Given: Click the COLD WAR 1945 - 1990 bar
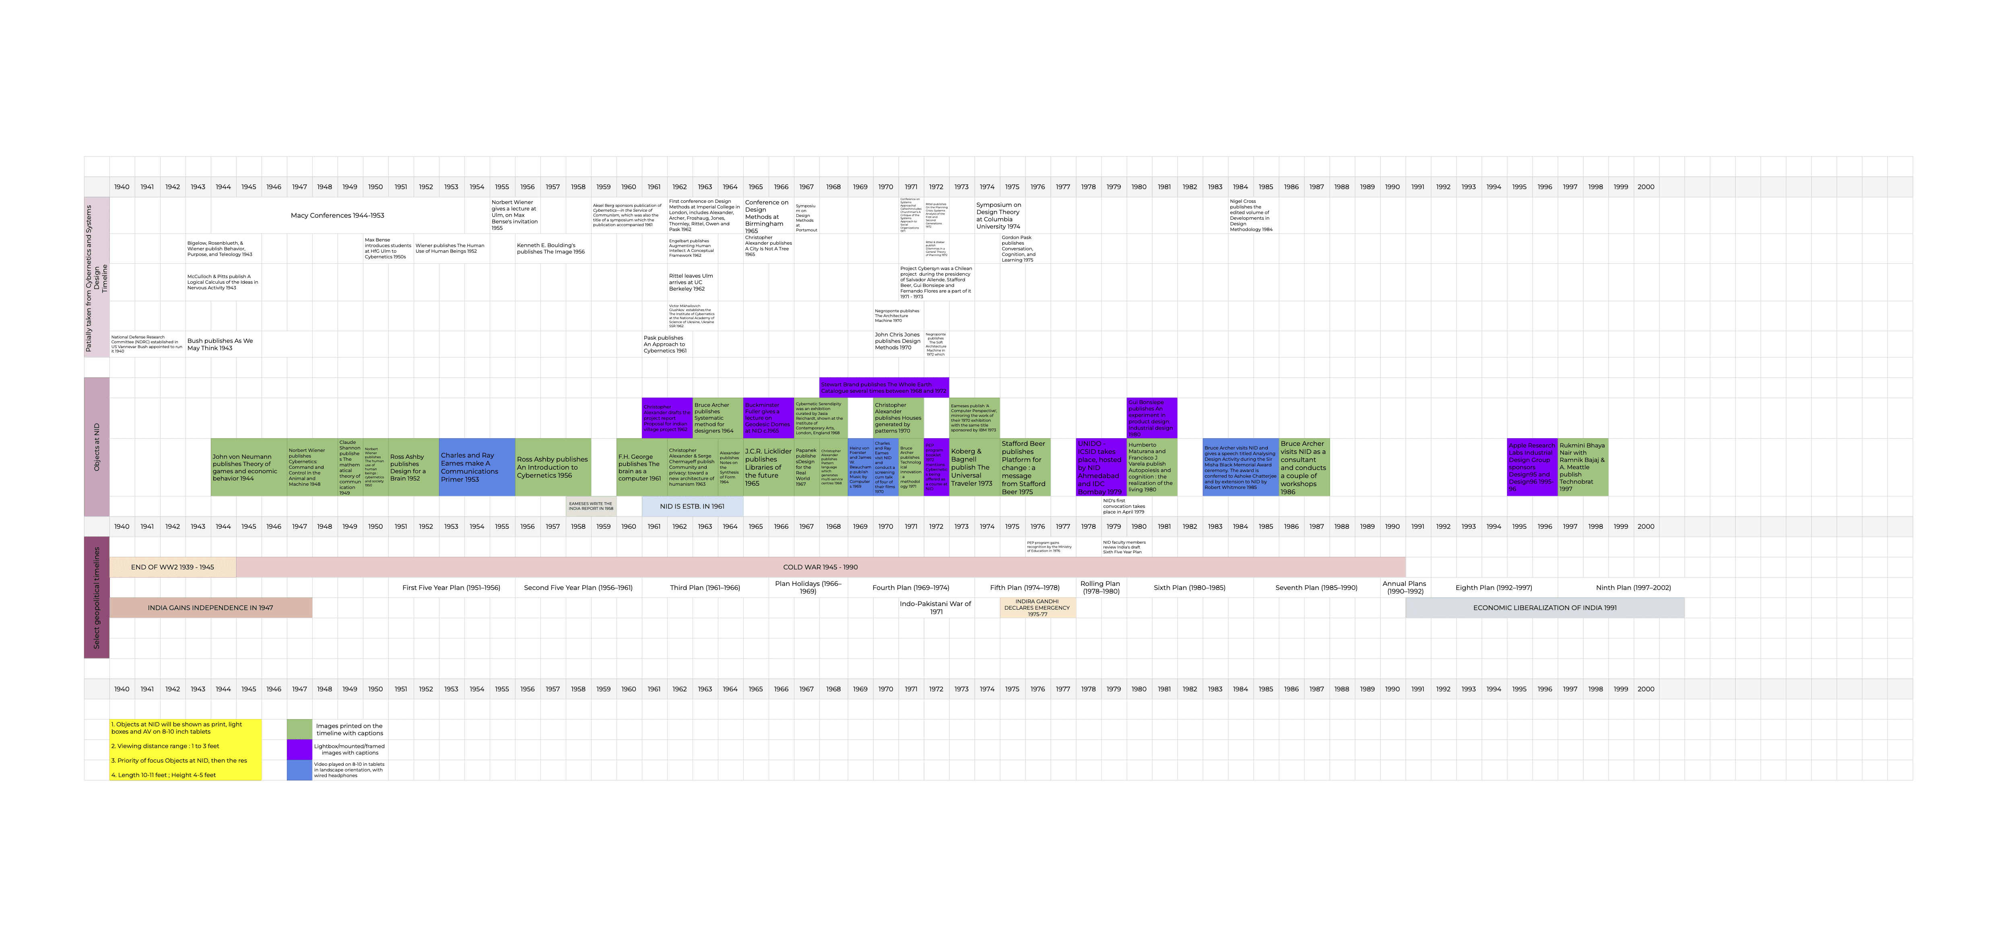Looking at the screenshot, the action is pyautogui.click(x=820, y=567).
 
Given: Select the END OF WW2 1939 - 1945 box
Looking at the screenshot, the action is pyautogui.click(x=172, y=567).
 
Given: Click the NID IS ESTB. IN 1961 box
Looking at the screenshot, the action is pyautogui.click(x=692, y=506).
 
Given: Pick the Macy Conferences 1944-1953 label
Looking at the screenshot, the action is pyautogui.click(x=337, y=216).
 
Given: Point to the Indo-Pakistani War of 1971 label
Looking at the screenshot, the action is pyautogui.click(x=936, y=607).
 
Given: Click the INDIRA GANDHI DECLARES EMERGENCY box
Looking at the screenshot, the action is pyautogui.click(x=1037, y=608).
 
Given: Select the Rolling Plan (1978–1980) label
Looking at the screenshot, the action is pyautogui.click(x=1101, y=587).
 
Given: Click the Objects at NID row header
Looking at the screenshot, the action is pyautogui.click(x=97, y=448).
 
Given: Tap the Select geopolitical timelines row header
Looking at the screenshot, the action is pyautogui.click(x=97, y=597).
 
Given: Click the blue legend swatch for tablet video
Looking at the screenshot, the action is pyautogui.click(x=299, y=770).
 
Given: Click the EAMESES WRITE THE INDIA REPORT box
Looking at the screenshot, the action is pyautogui.click(x=591, y=506).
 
